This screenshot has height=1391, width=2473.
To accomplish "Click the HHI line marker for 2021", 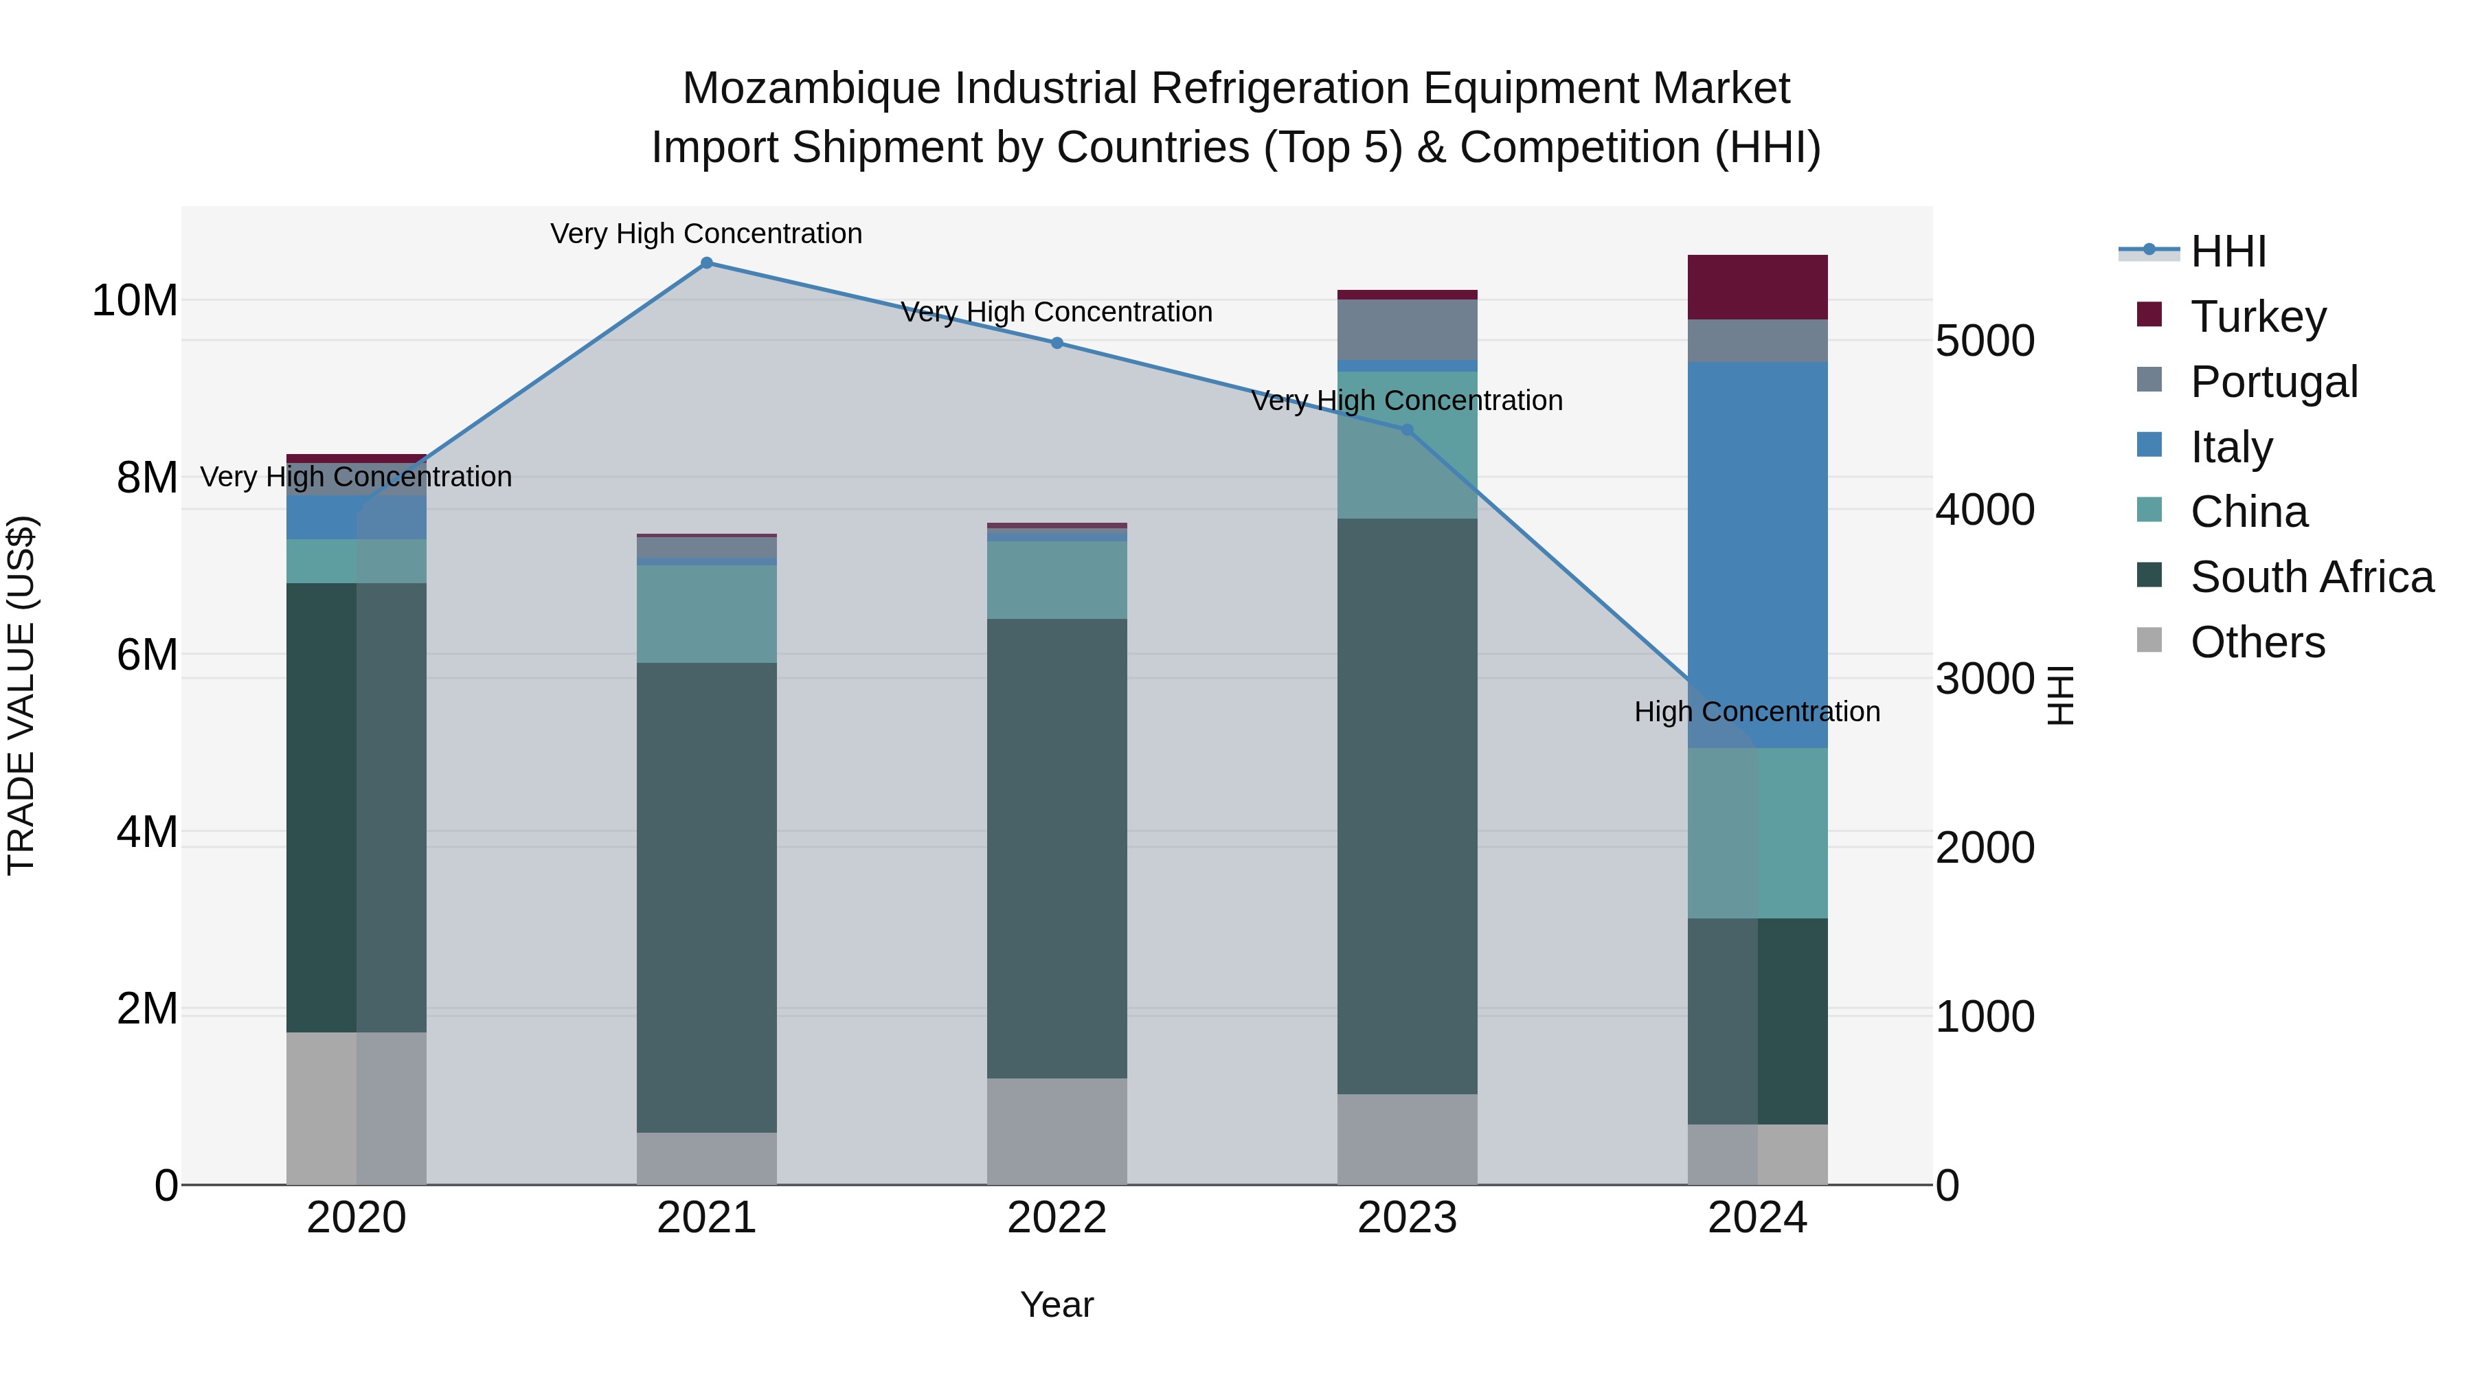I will coord(707,263).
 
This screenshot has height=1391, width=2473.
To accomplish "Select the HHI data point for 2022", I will coord(1057,343).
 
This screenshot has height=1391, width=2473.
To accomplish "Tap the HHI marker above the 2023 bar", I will coord(1408,430).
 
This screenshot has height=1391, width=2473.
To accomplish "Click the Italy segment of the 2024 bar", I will coord(1758,555).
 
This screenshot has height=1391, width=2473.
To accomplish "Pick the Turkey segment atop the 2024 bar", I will coord(1758,287).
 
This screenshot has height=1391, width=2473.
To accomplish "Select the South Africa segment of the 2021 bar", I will coord(707,898).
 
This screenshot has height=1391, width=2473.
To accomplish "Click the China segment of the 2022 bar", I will coord(1057,580).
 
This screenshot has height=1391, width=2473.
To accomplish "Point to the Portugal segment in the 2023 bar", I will coord(1408,329).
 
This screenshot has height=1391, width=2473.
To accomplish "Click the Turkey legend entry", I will coord(2258,316).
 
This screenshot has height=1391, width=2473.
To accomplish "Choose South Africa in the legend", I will coord(2311,577).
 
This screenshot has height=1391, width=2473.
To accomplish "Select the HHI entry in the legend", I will coord(2227,251).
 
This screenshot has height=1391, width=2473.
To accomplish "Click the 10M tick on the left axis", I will coord(135,300).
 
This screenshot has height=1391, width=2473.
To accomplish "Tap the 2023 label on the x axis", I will coord(1408,1218).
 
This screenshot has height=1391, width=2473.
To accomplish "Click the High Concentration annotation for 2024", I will coord(1757,712).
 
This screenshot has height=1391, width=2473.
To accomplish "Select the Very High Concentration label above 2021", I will coord(707,234).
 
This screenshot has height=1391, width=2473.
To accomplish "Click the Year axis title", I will coord(1057,1304).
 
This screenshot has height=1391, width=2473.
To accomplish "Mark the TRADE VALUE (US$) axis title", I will coord(21,695).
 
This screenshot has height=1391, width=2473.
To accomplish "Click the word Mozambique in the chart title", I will coord(811,89).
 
